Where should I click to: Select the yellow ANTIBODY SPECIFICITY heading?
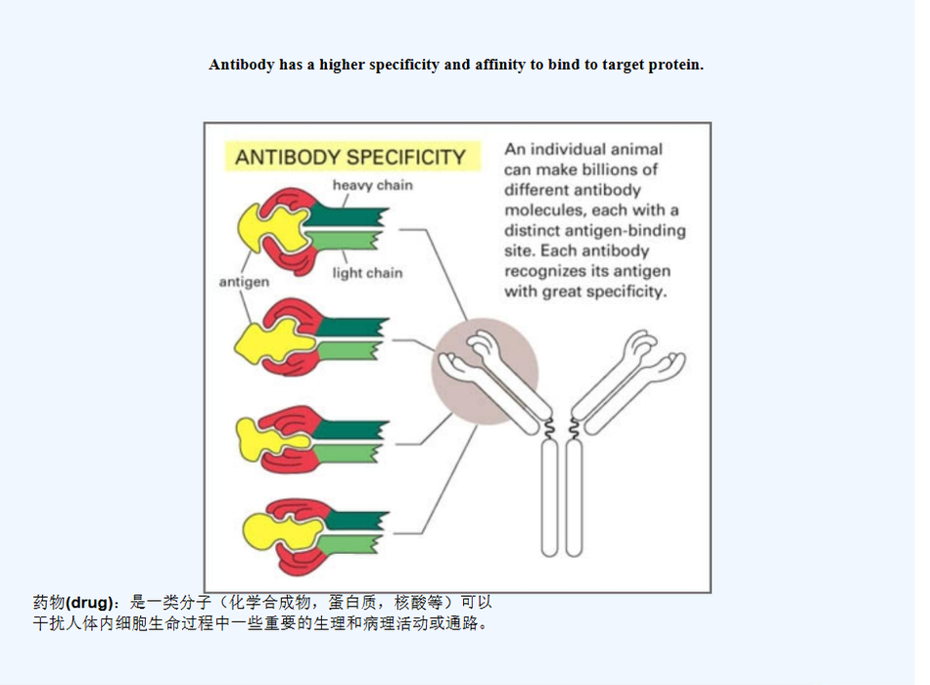click(x=349, y=157)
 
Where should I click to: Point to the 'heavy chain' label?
click(x=372, y=185)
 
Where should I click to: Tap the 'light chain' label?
click(x=367, y=273)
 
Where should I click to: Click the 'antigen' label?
click(x=244, y=282)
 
